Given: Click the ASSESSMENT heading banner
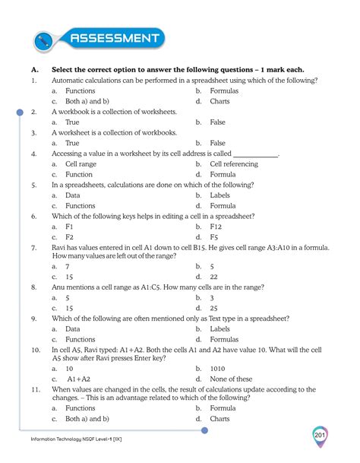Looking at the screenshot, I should click(x=114, y=38).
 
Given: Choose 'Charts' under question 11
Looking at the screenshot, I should click(x=219, y=418).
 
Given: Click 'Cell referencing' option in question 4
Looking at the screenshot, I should click(x=237, y=163).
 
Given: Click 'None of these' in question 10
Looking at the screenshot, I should click(x=231, y=379).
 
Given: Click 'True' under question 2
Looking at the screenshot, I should click(x=72, y=122).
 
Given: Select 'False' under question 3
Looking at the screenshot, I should click(x=217, y=143).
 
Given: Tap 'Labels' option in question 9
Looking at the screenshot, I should click(x=221, y=329).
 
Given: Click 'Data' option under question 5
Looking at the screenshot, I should click(x=72, y=195).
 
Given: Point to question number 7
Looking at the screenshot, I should click(x=34, y=248).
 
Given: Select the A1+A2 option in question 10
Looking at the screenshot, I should click(x=78, y=379).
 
